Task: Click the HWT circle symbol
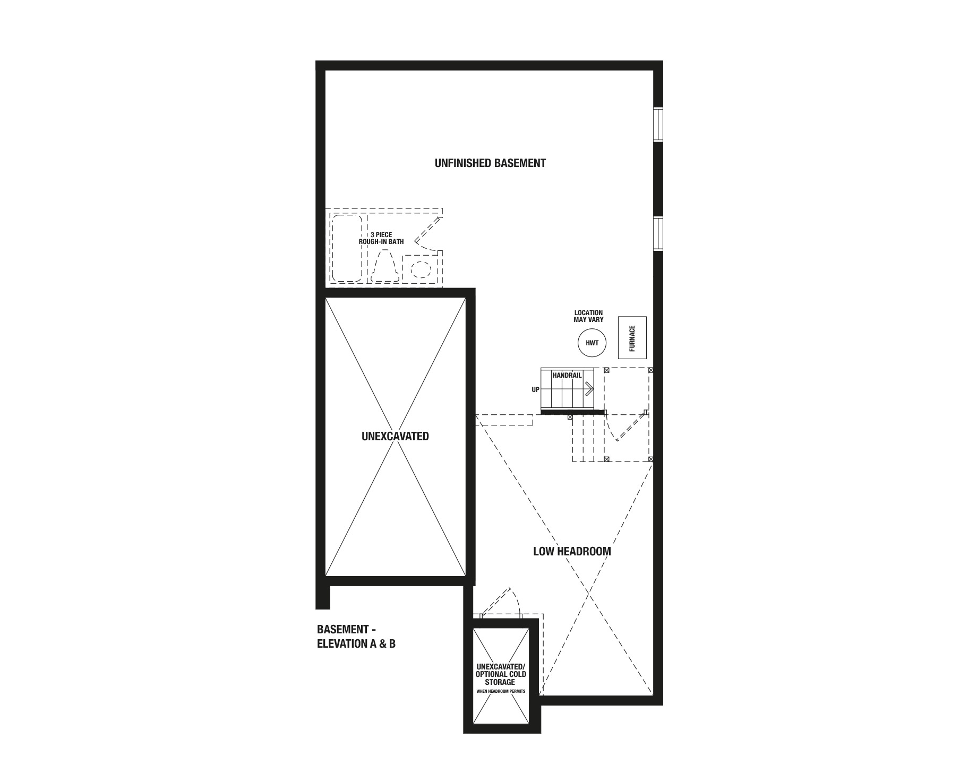592,343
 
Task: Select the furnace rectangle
632,338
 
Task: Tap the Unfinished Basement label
490,163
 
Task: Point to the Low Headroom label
572,551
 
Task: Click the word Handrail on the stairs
567,375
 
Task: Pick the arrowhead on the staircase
589,389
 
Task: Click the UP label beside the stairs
535,390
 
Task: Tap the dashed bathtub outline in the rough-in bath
347,248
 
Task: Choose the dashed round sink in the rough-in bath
421,269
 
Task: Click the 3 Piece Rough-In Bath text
381,238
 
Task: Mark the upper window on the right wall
658,125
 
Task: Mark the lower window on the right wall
658,233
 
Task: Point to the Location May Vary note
588,316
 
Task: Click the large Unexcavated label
395,436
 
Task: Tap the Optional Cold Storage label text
501,674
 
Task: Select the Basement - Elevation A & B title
356,637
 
